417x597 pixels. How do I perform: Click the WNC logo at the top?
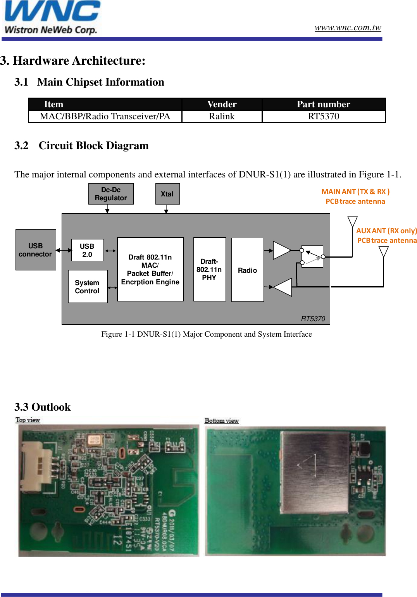pos(51,17)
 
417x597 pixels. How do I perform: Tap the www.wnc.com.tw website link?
pos(348,28)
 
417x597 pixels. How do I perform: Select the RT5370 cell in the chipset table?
pos(323,116)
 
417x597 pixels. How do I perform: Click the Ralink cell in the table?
pos(222,116)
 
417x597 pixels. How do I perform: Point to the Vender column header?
pos(222,104)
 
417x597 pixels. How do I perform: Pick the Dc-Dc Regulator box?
pos(111,194)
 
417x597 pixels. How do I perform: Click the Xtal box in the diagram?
pos(167,194)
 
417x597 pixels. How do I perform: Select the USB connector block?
pos(35,250)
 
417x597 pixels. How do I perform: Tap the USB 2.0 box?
pos(87,250)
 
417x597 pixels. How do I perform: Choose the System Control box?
pos(87,287)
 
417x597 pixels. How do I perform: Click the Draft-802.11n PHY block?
pos(209,269)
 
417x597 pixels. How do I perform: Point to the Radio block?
pos(247,270)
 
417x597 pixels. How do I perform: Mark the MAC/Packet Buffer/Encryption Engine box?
pos(150,269)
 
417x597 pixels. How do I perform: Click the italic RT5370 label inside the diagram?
pos(313,318)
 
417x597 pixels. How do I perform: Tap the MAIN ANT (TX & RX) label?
pos(355,191)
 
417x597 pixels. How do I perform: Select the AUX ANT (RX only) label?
pos(386,231)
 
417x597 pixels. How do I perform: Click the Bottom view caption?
pos(221,421)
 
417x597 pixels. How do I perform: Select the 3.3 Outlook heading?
pos(43,407)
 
